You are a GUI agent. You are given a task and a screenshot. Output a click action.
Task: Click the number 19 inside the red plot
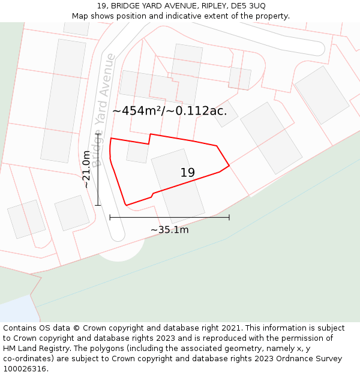(x=187, y=173)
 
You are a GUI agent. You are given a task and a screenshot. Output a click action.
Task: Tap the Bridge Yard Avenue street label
(x=103, y=110)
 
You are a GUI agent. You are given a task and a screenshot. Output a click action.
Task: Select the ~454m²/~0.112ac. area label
(x=170, y=110)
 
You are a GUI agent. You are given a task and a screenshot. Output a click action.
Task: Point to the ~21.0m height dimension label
(x=86, y=169)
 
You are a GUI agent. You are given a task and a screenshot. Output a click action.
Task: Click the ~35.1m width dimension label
(x=169, y=230)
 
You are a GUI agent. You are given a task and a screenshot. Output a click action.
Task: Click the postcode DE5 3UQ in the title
(x=249, y=5)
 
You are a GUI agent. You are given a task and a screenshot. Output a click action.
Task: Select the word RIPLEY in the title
(x=215, y=5)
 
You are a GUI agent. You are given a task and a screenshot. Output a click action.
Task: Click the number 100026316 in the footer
(x=25, y=369)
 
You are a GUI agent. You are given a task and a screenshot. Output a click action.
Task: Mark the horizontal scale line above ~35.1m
(x=169, y=217)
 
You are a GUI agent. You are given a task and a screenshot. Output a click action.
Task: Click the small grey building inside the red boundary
(x=137, y=152)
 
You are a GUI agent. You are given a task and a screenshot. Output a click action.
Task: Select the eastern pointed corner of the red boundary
(x=229, y=166)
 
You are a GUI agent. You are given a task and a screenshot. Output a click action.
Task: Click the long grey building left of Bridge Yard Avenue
(x=63, y=101)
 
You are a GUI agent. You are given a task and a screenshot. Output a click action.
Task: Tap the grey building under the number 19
(x=178, y=189)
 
